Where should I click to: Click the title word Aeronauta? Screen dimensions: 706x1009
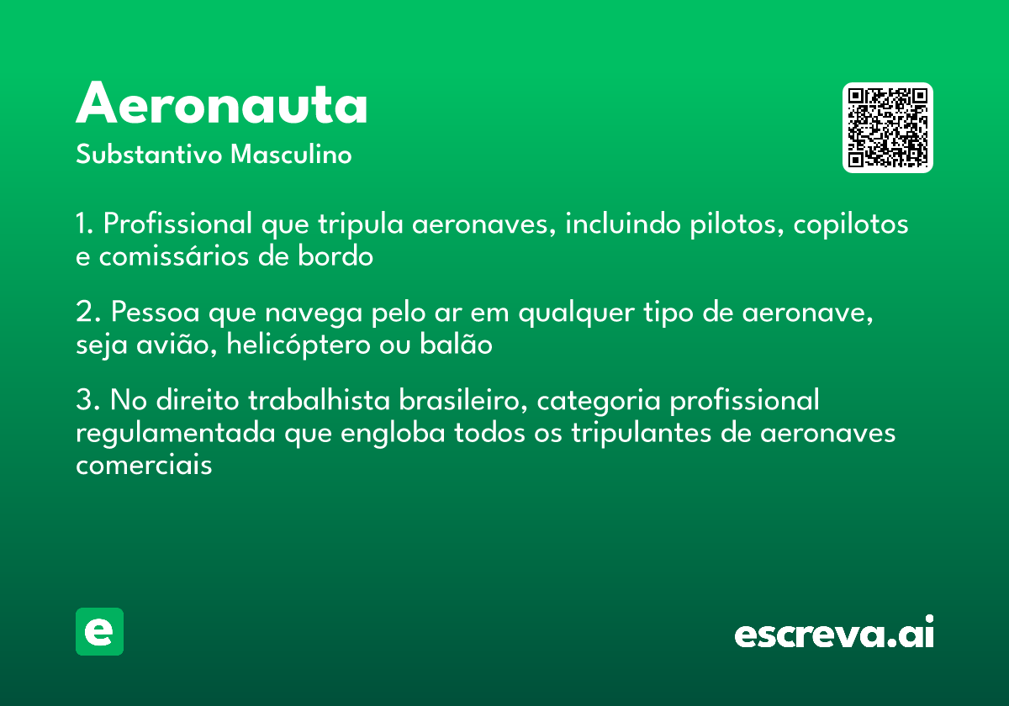[222, 105]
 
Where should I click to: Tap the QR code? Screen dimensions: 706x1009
[888, 128]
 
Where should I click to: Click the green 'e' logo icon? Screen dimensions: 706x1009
[99, 631]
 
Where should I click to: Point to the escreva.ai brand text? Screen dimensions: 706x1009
[834, 634]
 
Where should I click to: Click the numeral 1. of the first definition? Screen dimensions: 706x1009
[85, 225]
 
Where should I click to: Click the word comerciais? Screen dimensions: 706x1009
[144, 465]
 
